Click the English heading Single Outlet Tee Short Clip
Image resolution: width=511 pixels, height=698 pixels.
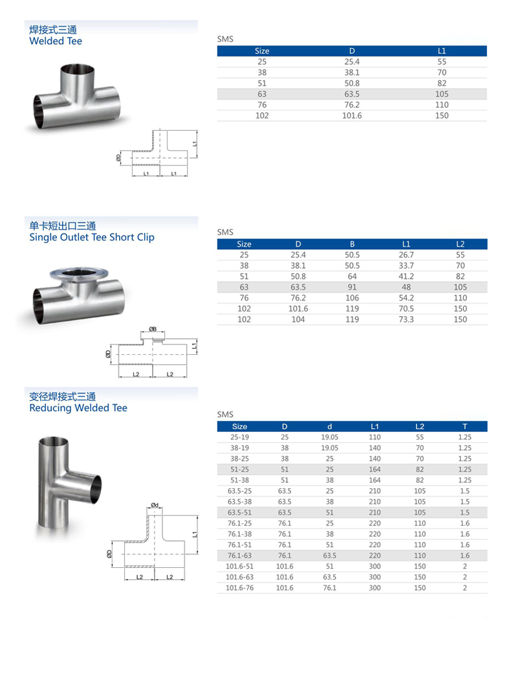(92, 237)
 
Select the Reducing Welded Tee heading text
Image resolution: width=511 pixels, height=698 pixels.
(78, 408)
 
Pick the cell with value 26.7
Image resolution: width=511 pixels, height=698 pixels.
(406, 255)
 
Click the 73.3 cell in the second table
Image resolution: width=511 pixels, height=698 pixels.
(406, 319)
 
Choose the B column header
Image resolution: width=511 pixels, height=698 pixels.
(353, 244)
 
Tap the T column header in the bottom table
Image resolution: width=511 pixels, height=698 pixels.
(464, 427)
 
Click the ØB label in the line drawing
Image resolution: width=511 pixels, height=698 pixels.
(153, 330)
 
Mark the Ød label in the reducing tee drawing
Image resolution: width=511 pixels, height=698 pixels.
(155, 504)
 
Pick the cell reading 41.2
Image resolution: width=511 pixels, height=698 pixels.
(406, 276)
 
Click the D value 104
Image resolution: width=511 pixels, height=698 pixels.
(298, 319)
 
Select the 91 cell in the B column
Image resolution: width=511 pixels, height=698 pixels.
(353, 287)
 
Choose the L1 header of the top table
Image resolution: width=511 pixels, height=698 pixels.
(442, 51)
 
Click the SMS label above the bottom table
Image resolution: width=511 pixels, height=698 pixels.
(224, 414)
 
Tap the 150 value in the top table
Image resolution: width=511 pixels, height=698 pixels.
(442, 115)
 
